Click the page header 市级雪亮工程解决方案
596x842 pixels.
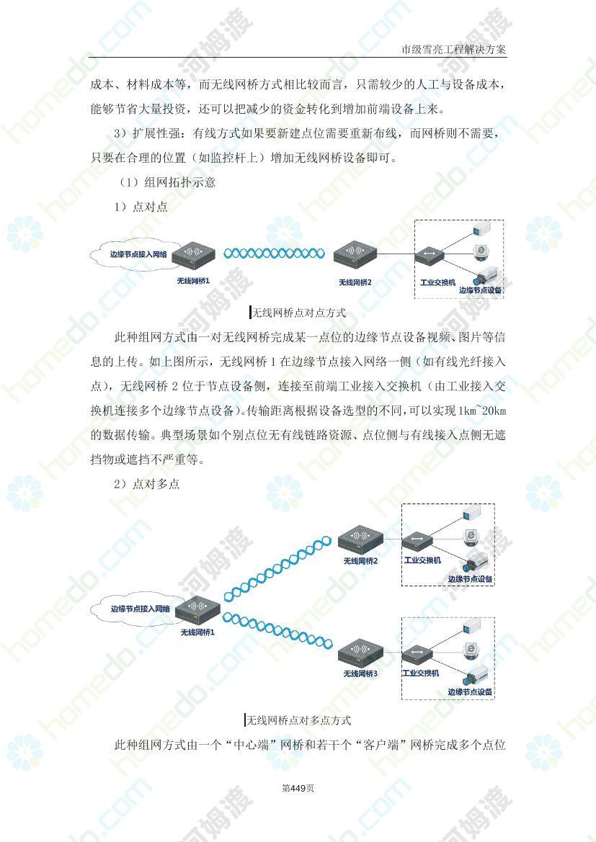[x=453, y=50]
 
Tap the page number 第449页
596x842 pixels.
[x=298, y=788]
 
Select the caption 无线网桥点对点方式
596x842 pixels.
[x=299, y=313]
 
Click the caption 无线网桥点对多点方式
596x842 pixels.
[x=299, y=720]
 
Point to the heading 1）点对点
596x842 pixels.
[x=141, y=207]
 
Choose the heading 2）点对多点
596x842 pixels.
[x=147, y=484]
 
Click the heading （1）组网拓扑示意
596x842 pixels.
[x=168, y=182]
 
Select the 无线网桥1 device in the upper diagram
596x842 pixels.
[x=193, y=255]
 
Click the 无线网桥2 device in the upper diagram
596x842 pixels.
[x=355, y=255]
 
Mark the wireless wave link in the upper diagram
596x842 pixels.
[x=274, y=253]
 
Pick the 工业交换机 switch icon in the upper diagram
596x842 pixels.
[x=430, y=256]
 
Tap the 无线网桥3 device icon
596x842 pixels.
[x=360, y=651]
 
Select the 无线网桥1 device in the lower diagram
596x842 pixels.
[x=197, y=609]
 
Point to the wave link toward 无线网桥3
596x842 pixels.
[x=277, y=630]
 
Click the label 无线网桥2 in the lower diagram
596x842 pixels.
[x=360, y=561]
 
